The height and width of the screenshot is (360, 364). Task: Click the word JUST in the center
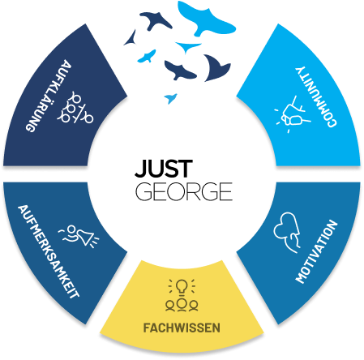[164, 168]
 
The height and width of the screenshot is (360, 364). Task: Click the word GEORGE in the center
[184, 191]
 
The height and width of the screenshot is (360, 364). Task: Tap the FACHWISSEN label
[182, 328]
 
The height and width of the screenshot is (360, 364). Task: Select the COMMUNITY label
[316, 96]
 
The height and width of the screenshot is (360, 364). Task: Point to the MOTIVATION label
[316, 251]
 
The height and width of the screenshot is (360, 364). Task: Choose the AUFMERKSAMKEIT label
[49, 251]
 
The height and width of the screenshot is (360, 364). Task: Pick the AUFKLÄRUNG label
[49, 96]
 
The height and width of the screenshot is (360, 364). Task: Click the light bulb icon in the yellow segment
[182, 286]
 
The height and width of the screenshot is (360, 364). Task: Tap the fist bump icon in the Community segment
[293, 114]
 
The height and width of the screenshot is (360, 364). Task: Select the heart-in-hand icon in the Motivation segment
[288, 233]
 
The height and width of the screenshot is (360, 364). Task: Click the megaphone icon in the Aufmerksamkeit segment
[79, 236]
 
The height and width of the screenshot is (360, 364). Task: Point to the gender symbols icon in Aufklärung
[75, 107]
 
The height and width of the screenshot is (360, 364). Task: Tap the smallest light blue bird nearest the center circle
[170, 98]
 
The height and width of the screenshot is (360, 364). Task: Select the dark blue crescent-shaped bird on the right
[216, 68]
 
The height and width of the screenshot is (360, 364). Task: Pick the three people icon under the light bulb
[182, 304]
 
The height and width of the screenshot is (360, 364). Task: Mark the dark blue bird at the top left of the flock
[156, 20]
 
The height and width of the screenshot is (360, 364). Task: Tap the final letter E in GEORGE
[225, 191]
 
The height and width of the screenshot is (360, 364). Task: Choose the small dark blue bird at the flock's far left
[131, 38]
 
